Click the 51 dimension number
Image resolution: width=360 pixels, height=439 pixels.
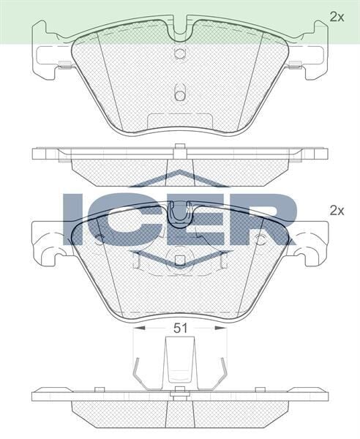[x=180, y=329]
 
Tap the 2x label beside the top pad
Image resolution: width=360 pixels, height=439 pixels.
[x=336, y=16]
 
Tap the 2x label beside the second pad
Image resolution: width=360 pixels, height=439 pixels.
[x=336, y=210]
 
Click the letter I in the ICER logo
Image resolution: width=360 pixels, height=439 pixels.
[x=73, y=219]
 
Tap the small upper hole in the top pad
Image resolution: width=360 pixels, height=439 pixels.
[x=180, y=53]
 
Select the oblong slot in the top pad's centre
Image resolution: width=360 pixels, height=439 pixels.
[x=180, y=93]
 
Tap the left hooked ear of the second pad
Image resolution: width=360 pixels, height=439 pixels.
[x=48, y=245]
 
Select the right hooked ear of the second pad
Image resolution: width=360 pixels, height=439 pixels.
[x=313, y=245]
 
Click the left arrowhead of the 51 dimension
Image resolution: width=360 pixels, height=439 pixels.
[x=140, y=329]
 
